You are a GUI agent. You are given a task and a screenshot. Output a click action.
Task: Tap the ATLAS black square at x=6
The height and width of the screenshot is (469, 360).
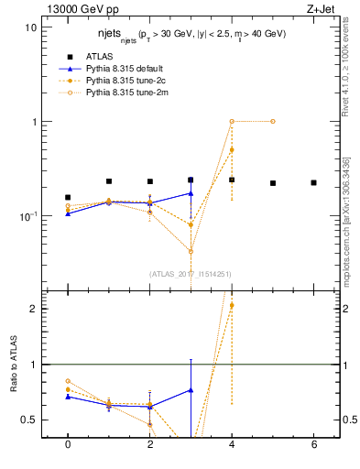pos(313,182)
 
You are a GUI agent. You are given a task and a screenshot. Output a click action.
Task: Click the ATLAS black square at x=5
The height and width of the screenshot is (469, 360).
pos(273,183)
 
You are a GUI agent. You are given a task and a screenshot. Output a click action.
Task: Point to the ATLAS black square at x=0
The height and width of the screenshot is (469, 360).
pos(68,197)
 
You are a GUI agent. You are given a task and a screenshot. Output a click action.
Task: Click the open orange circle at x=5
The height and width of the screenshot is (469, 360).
pos(273,121)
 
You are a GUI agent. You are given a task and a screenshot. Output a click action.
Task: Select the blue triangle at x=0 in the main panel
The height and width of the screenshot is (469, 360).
pos(68,213)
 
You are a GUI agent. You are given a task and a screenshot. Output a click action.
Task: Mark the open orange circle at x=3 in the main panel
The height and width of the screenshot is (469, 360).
pos(191,251)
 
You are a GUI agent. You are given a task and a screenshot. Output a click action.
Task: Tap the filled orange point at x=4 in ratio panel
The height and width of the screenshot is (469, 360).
pos(232,305)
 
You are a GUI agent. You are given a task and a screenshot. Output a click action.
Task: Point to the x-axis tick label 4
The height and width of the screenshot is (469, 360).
pos(232,444)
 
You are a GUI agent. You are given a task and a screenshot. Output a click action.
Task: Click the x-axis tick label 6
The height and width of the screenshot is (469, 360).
pos(313,444)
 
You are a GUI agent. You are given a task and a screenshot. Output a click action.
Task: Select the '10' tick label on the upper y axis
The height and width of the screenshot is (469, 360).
pos(31,27)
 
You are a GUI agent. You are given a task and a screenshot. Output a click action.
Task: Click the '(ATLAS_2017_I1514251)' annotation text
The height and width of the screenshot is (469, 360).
pos(191,273)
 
